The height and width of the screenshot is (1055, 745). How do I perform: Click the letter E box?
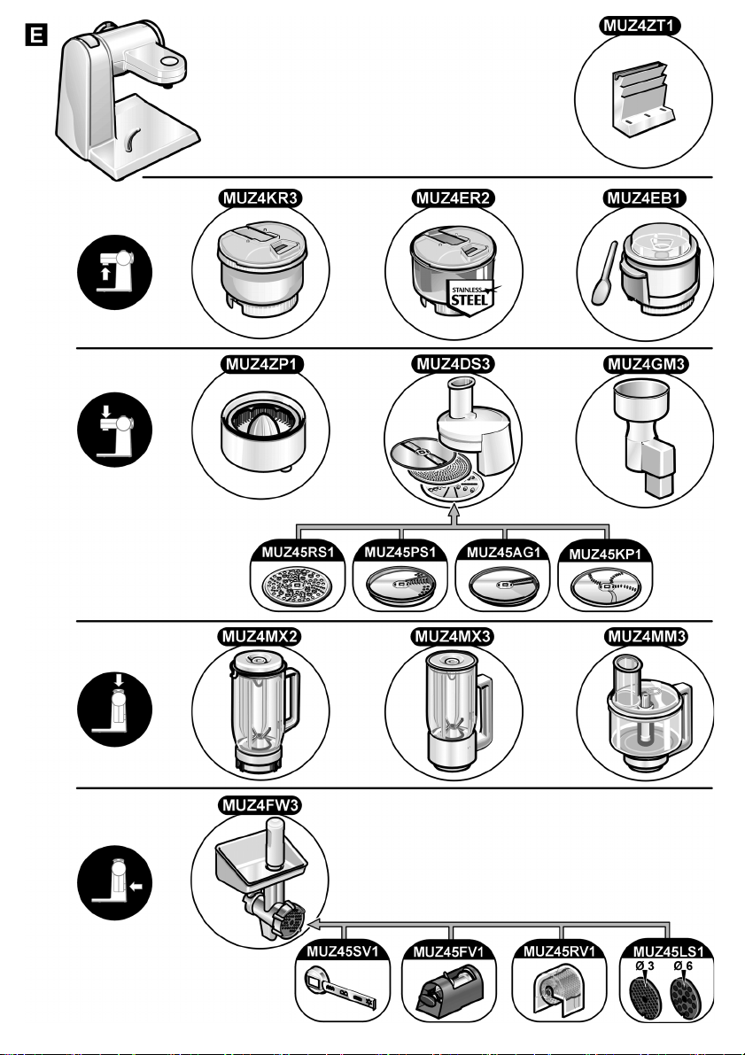click(35, 35)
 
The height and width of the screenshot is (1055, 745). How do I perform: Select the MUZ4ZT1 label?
click(640, 26)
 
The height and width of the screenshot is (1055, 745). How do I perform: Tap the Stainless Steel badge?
click(470, 296)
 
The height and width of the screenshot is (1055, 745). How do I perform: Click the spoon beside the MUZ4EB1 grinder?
click(603, 273)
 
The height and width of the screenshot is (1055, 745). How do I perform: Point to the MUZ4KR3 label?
click(260, 198)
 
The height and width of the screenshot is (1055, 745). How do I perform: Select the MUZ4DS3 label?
click(454, 364)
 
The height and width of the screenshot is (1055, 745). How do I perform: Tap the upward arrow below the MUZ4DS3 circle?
click(454, 514)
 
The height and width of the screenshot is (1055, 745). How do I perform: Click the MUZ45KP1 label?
click(606, 555)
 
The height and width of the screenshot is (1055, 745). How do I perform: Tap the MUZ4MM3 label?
click(646, 637)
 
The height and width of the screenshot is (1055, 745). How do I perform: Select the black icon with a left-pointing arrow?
click(114, 883)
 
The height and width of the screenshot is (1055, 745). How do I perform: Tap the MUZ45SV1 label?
click(343, 951)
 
